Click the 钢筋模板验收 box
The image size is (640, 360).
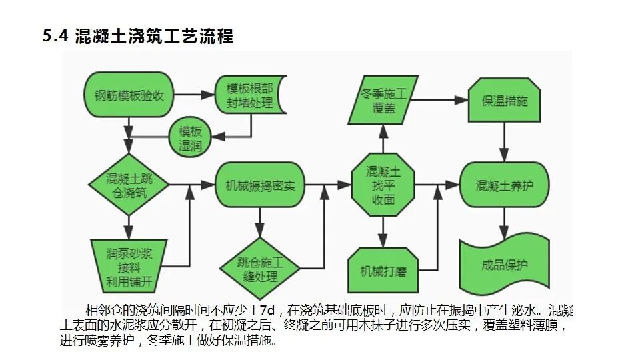(129, 95)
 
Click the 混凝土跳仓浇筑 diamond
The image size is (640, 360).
(128, 185)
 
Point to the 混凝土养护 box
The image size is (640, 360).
(504, 185)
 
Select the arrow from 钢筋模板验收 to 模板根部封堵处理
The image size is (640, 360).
(193, 95)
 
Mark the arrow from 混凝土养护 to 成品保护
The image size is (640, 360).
(504, 221)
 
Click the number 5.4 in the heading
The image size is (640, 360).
(56, 37)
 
